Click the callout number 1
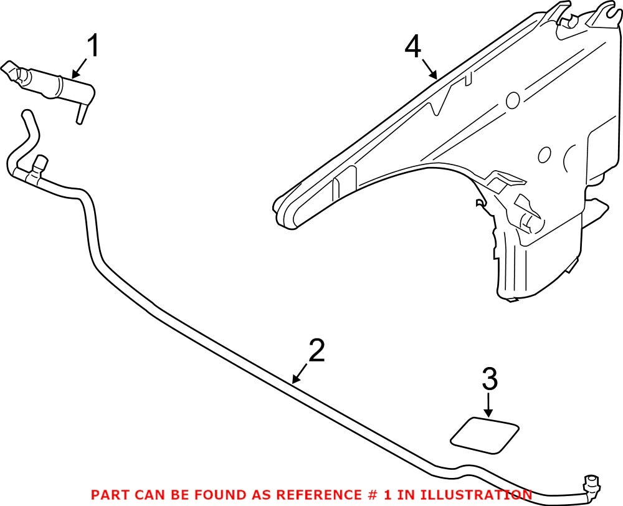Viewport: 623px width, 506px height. click(x=92, y=46)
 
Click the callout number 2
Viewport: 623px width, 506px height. click(x=316, y=351)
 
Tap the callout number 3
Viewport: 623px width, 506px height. click(x=490, y=379)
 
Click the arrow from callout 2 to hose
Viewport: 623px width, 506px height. click(x=301, y=373)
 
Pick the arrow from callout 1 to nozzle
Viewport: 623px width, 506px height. click(x=80, y=69)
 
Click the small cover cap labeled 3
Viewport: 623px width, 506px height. click(x=485, y=432)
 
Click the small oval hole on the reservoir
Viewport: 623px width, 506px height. click(x=544, y=155)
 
